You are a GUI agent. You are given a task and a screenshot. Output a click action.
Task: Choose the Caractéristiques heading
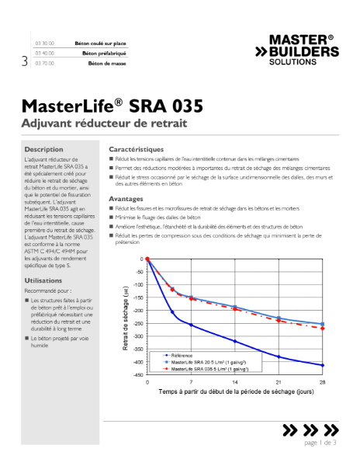click(x=137, y=148)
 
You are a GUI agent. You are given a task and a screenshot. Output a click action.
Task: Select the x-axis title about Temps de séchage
click(x=235, y=393)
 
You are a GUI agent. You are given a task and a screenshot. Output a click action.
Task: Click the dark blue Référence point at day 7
click(x=191, y=325)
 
